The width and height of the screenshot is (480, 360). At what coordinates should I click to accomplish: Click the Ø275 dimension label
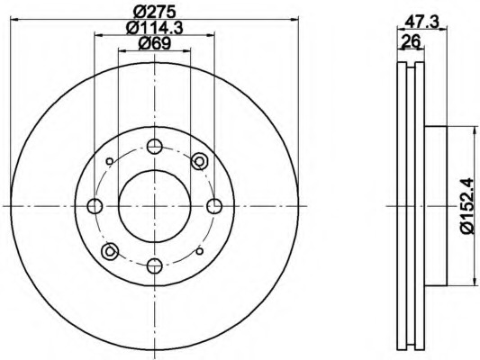click(155, 12)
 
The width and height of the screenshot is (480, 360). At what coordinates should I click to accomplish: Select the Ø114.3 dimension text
click(155, 28)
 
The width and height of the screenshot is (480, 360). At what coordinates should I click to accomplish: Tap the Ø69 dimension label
click(155, 44)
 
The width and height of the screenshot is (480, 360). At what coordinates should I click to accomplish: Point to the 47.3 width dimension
click(421, 22)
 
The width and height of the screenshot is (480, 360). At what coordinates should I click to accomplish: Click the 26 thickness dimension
click(411, 40)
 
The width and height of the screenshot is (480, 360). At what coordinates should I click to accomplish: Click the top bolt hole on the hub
click(154, 147)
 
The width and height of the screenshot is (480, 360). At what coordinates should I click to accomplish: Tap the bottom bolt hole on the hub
click(154, 265)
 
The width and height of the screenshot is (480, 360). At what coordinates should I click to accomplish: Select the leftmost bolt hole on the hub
click(95, 206)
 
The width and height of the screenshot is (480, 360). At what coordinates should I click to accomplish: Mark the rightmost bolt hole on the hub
click(214, 206)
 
